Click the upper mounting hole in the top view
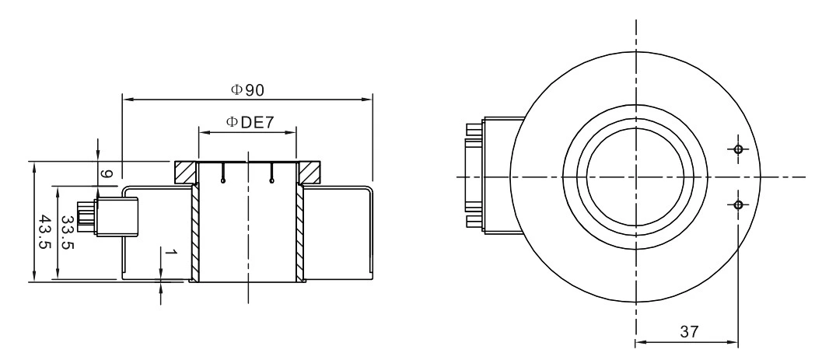click(x=737, y=149)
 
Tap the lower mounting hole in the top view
click(x=737, y=204)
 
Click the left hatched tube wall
click(x=195, y=233)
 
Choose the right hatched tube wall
click(x=299, y=233)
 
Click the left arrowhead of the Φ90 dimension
click(x=127, y=99)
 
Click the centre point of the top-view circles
click(x=636, y=177)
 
